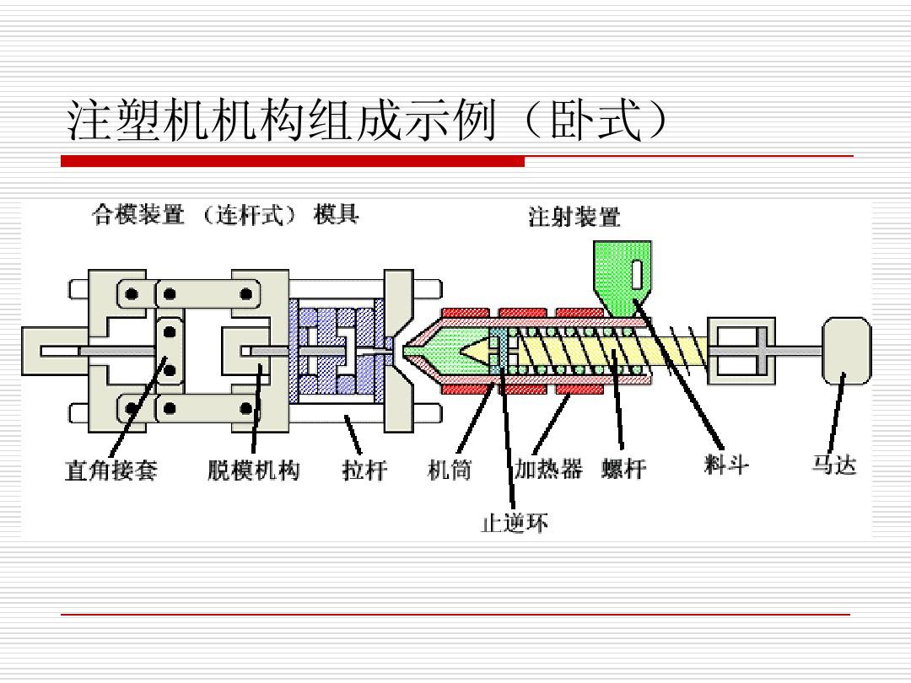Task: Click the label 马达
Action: (x=833, y=465)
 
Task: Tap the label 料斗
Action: (x=725, y=465)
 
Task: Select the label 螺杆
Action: (x=623, y=470)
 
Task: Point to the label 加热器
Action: (x=548, y=470)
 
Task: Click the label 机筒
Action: (x=450, y=470)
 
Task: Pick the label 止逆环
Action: (x=515, y=524)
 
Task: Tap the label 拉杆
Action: (x=364, y=470)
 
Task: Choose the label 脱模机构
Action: (x=253, y=470)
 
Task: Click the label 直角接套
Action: (x=111, y=470)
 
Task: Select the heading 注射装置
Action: (x=574, y=218)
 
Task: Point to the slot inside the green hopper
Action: (x=637, y=274)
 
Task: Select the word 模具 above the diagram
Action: (x=336, y=216)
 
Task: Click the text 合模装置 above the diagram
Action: (x=137, y=216)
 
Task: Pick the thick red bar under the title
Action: (x=292, y=161)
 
